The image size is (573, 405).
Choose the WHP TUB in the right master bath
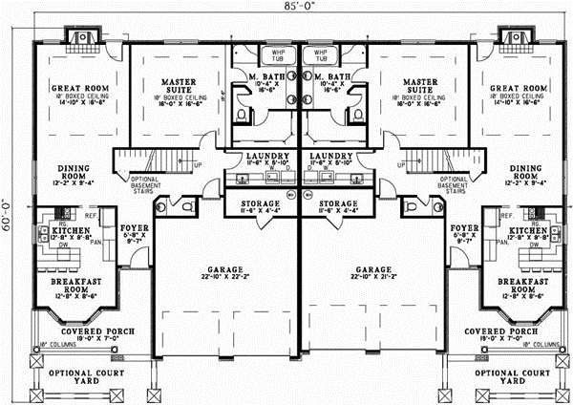tap(320, 55)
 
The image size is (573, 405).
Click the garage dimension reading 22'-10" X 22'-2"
tap(223, 278)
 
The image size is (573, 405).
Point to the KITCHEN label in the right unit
tap(525, 231)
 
